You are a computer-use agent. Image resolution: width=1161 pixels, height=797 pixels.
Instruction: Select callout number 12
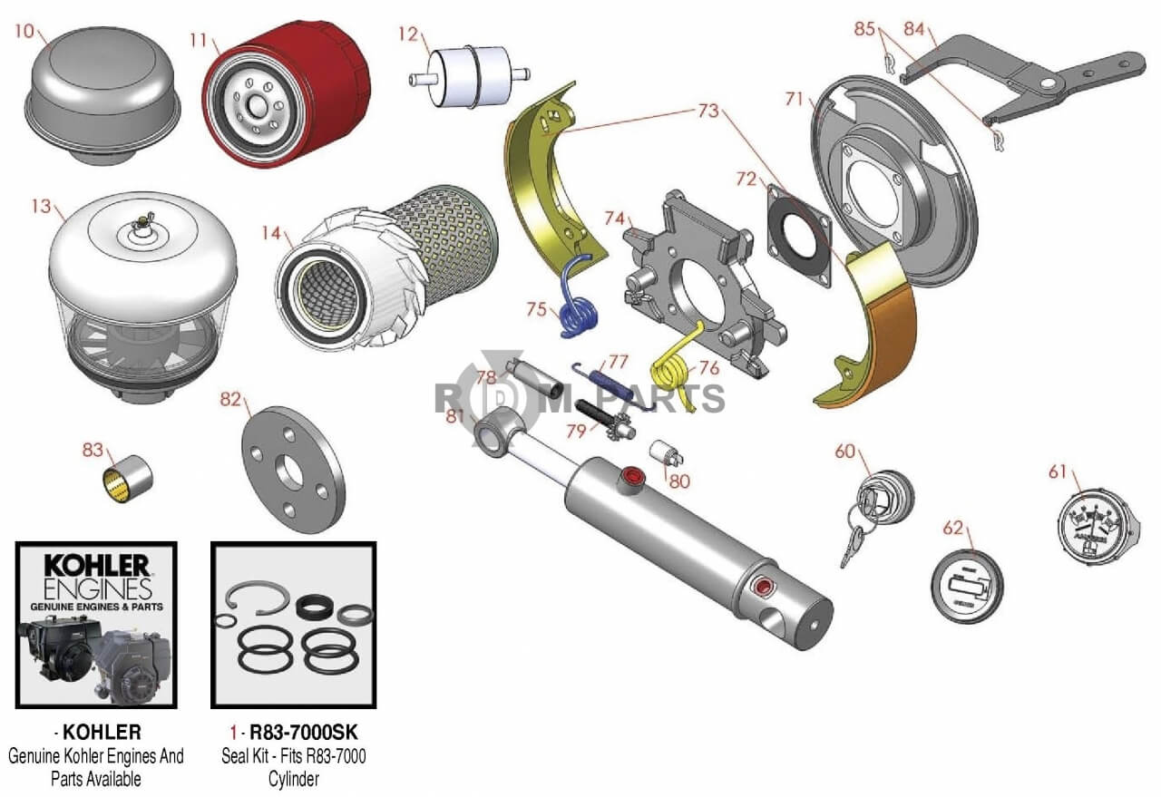[x=408, y=34]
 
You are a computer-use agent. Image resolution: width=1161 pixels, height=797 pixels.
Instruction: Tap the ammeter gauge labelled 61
[x=1096, y=526]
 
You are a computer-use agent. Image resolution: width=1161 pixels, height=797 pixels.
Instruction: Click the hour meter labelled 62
[x=969, y=586]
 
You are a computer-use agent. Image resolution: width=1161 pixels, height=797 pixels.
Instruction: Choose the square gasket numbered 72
[x=799, y=233]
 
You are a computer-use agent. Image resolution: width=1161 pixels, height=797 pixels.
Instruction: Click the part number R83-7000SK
[x=294, y=732]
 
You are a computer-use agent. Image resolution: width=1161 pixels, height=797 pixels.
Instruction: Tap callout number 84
[x=913, y=30]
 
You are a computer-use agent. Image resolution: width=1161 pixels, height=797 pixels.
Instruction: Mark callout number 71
[x=795, y=99]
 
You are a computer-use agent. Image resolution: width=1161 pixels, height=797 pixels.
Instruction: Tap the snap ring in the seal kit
[x=259, y=598]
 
